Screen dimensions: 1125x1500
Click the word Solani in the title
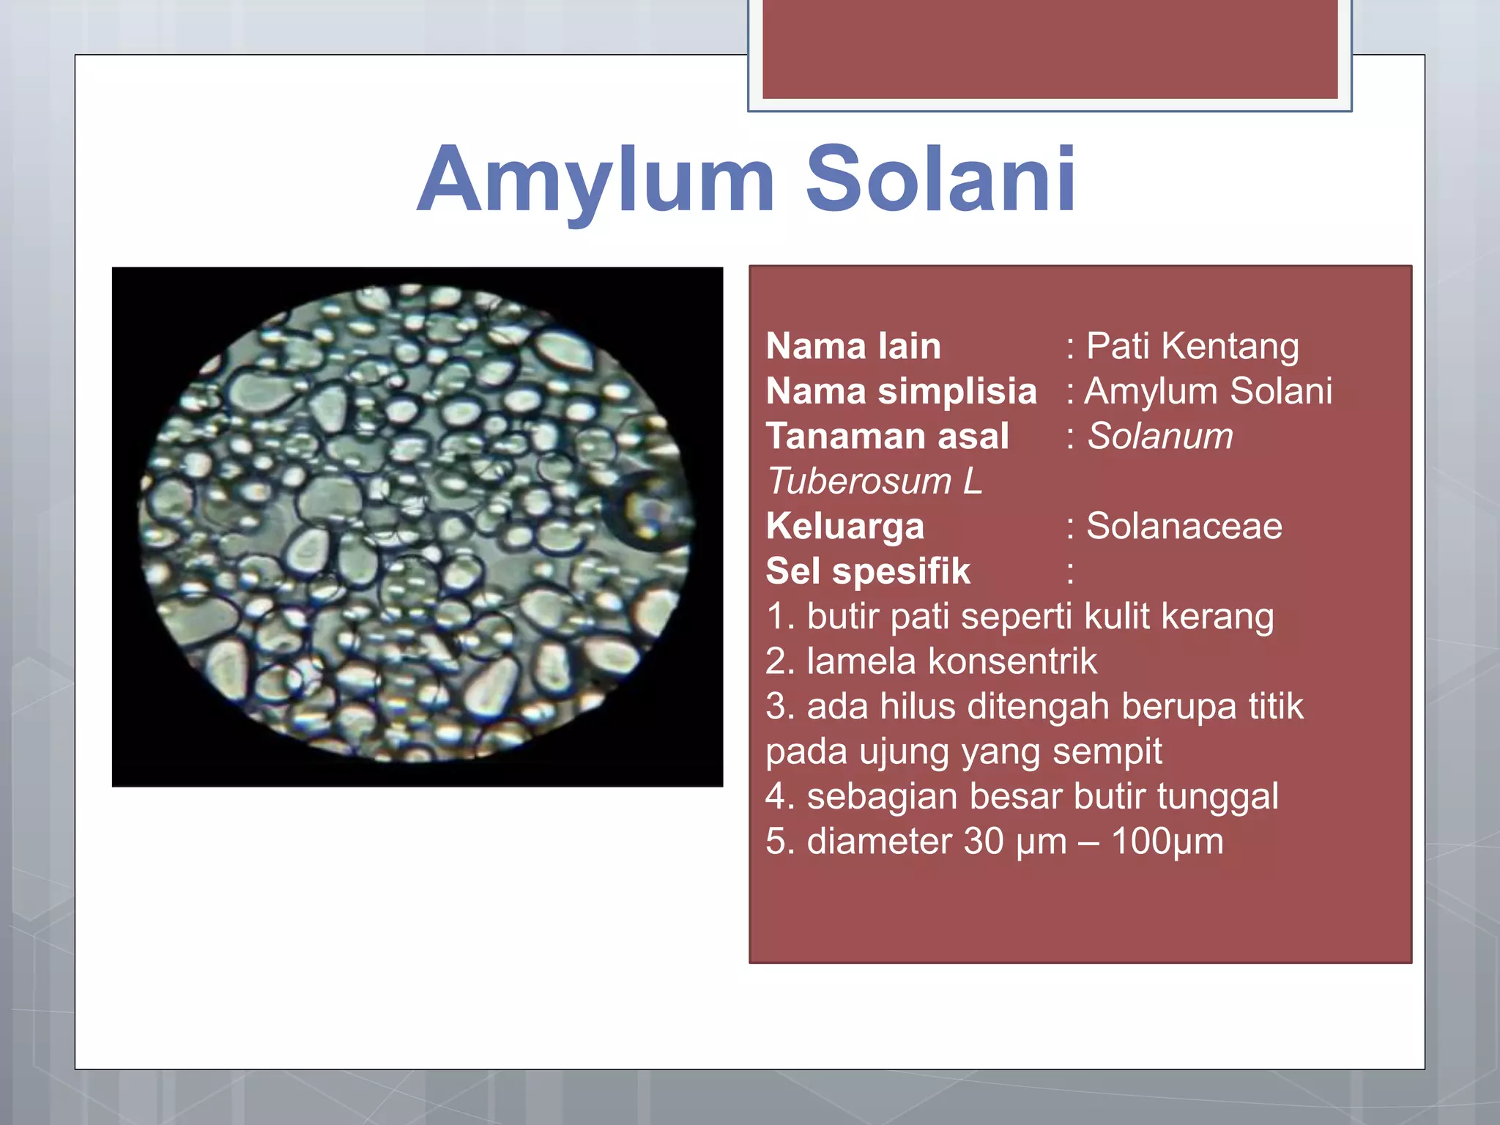pyautogui.click(x=940, y=179)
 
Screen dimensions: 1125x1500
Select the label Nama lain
pyautogui.click(x=853, y=346)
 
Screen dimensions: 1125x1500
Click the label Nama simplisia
pyautogui.click(x=901, y=391)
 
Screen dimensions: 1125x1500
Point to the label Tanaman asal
pyautogui.click(x=887, y=436)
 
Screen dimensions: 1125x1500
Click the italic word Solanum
pyautogui.click(x=1160, y=436)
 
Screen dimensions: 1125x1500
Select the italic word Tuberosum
pyautogui.click(x=859, y=481)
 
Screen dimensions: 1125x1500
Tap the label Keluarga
pyautogui.click(x=844, y=526)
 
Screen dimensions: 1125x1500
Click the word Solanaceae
pyautogui.click(x=1184, y=526)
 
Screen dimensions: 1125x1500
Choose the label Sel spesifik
pyautogui.click(x=868, y=571)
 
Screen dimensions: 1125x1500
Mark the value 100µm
pyautogui.click(x=1167, y=842)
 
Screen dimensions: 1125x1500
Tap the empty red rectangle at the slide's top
pyautogui.click(x=1050, y=48)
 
